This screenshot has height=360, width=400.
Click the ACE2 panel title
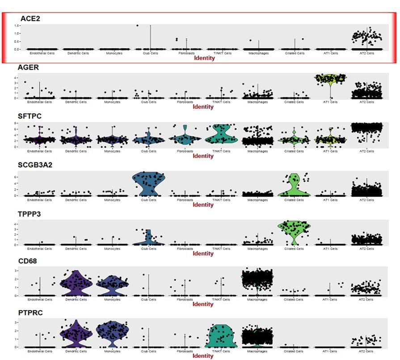click(x=30, y=18)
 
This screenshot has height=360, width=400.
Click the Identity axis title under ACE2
click(x=203, y=58)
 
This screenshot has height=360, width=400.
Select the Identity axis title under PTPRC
click(x=203, y=356)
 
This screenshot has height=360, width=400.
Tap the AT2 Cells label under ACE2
click(x=367, y=53)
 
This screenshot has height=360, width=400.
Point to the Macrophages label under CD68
click(x=257, y=300)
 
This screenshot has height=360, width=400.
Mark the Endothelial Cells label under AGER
click(x=40, y=102)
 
